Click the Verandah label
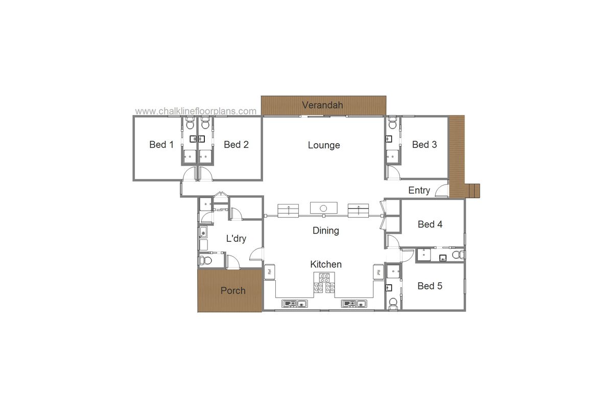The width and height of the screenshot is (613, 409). click(x=322, y=105)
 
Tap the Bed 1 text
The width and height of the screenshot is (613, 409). click(x=161, y=145)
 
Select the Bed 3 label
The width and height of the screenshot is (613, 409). click(x=425, y=145)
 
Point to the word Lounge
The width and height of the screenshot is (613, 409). click(x=324, y=145)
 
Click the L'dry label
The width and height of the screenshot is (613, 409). click(x=236, y=239)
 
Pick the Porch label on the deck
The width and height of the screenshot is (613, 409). click(x=233, y=291)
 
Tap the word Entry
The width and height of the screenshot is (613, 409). click(x=419, y=191)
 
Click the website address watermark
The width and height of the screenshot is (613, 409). click(x=196, y=111)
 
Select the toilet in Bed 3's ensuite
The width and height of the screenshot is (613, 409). click(x=393, y=123)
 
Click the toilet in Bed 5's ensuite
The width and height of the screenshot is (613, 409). click(x=393, y=304)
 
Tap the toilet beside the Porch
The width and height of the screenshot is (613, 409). click(x=205, y=260)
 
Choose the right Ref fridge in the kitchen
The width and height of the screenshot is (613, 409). click(x=379, y=272)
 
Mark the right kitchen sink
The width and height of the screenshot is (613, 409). click(x=354, y=304)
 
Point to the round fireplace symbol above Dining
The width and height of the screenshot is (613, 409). click(x=323, y=208)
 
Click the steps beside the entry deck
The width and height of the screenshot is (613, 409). click(x=475, y=190)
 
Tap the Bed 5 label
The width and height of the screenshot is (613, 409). click(x=430, y=286)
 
